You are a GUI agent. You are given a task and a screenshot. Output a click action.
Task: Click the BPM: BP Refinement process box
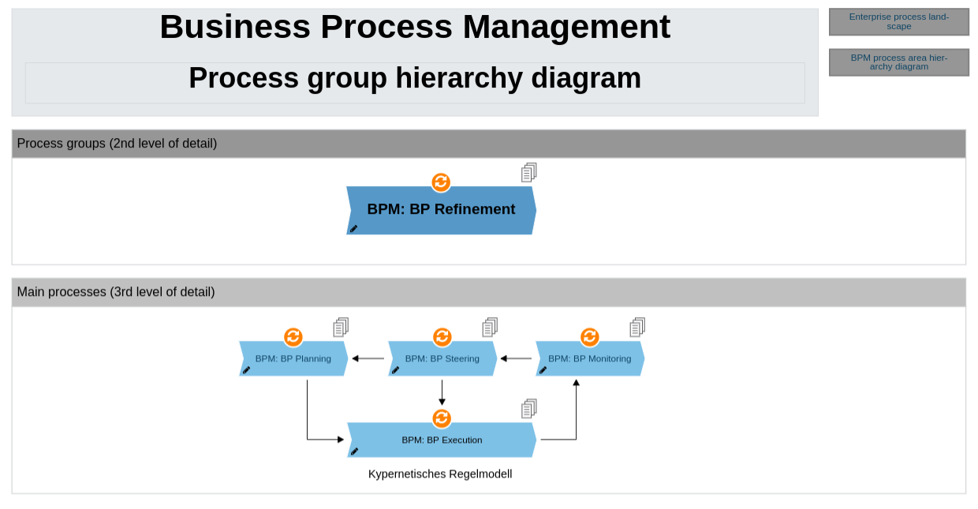point(441,210)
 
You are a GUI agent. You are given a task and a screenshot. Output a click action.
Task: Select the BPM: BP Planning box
point(293,359)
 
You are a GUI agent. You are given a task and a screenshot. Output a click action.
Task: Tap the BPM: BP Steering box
point(442,359)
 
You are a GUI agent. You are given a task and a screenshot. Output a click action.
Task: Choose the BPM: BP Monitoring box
point(589,359)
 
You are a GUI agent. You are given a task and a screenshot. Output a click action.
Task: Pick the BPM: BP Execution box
point(442,440)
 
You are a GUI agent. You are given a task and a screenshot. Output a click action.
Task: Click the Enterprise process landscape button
point(898,21)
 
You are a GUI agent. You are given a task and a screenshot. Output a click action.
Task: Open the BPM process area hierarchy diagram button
point(898,62)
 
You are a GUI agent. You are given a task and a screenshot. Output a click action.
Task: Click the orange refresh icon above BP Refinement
point(441,182)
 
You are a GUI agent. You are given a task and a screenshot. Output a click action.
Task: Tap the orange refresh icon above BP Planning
point(293,337)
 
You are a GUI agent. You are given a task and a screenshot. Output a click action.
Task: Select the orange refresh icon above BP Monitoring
point(590,337)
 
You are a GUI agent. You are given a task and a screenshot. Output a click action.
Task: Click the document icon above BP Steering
point(490,327)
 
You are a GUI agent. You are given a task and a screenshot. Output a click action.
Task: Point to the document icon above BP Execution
point(528,409)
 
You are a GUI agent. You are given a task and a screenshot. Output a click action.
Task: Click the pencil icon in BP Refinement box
point(353,229)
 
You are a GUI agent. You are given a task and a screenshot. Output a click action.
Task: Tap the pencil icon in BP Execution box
point(354,451)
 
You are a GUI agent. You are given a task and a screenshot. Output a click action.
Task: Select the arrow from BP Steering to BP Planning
point(368,358)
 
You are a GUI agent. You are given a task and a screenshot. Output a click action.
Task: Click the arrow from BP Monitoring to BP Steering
point(516,358)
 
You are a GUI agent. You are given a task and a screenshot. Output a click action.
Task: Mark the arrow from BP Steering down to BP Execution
point(442,392)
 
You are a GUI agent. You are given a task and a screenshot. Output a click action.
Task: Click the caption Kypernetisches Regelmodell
point(440,474)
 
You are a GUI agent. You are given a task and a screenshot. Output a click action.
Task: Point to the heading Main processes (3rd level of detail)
point(116,292)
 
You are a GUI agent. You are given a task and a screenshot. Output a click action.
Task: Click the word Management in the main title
point(566,27)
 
